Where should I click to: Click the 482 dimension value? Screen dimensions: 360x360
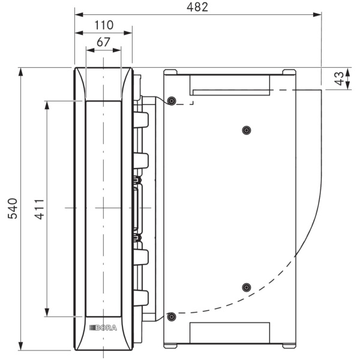tap(197, 7)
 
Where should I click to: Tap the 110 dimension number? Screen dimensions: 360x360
tap(104, 25)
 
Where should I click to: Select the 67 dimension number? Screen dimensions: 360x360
tap(103, 42)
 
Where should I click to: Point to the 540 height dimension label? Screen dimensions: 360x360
tap(13, 208)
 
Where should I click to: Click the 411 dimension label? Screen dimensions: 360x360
tap(39, 209)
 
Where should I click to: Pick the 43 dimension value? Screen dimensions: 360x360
tap(340, 79)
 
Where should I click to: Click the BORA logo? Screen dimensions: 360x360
tap(103, 328)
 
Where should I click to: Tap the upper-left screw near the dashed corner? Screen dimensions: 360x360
tap(172, 101)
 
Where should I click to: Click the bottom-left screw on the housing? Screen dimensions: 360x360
tap(172, 317)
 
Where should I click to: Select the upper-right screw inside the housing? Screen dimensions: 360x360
tap(247, 130)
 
